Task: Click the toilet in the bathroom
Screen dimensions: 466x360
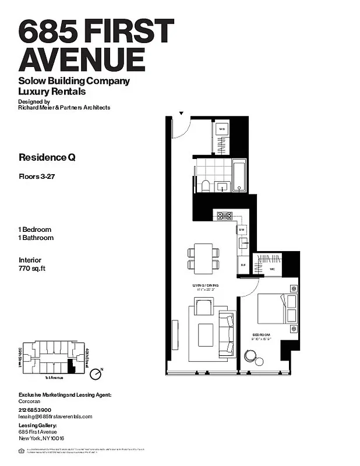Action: [205, 185]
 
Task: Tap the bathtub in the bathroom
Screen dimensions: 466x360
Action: [239, 175]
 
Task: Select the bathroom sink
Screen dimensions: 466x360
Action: [221, 186]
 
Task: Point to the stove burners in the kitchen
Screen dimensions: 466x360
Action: [224, 216]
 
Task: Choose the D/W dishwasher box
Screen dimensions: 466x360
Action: [242, 230]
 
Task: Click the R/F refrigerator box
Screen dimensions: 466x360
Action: [243, 265]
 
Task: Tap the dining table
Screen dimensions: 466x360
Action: [204, 258]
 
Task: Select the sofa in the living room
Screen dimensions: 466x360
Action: [226, 333]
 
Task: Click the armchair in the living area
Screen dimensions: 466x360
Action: [203, 306]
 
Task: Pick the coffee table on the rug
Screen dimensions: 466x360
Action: [206, 334]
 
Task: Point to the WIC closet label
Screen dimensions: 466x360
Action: [271, 270]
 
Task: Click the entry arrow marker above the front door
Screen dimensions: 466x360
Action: [181, 113]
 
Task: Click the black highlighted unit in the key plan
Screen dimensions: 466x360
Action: [72, 366]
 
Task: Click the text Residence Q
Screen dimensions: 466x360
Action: [47, 157]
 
